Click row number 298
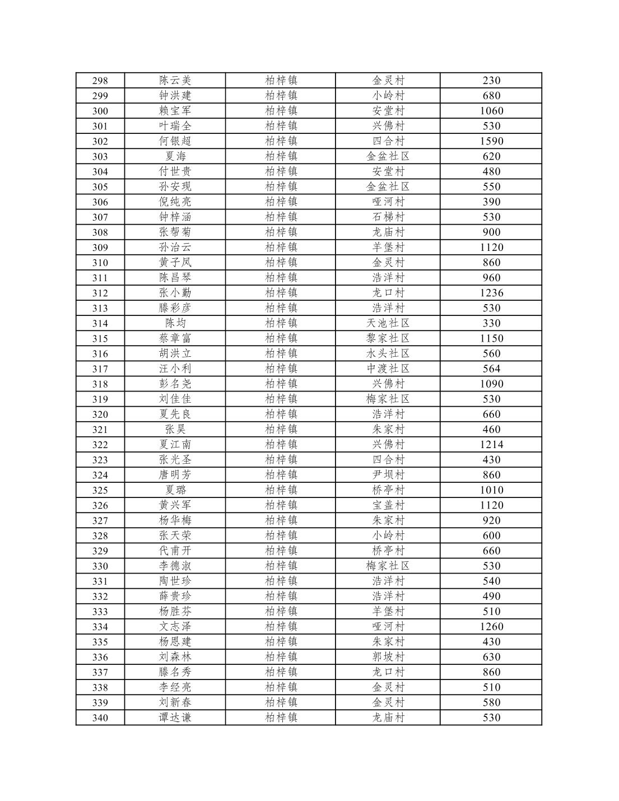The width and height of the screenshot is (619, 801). (100, 81)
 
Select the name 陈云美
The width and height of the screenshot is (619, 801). (175, 81)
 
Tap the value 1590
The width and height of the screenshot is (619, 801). (491, 141)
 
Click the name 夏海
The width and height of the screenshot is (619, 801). (175, 156)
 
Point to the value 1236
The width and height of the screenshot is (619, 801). (491, 293)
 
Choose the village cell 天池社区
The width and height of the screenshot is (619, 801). (388, 323)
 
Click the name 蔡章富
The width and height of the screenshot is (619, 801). (175, 338)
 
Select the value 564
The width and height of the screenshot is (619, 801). (491, 369)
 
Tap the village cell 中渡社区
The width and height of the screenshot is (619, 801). (388, 369)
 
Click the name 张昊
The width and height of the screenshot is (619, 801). (175, 430)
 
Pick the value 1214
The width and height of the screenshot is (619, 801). (491, 445)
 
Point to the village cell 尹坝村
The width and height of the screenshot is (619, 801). (388, 475)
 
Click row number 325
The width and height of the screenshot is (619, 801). (100, 490)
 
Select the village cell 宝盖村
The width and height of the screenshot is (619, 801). (388, 505)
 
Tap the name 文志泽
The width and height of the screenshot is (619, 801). (175, 627)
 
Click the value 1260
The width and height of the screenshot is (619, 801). (491, 627)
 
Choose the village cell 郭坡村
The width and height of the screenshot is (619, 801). (388, 657)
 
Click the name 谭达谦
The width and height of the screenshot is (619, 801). (175, 718)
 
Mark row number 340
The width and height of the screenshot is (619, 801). (100, 718)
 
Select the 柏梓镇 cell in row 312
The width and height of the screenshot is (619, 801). (281, 293)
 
